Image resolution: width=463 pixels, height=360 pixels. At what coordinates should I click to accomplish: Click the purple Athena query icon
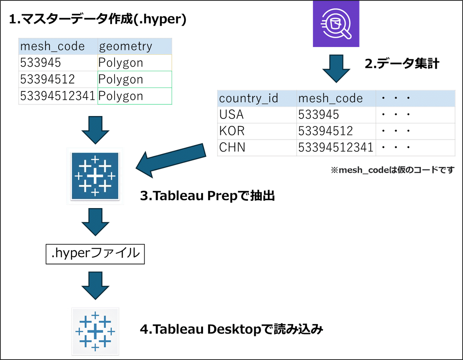click(336, 24)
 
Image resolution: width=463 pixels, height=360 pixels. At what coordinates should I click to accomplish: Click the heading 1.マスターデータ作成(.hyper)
click(97, 20)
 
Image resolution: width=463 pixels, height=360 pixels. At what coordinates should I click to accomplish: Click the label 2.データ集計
click(402, 64)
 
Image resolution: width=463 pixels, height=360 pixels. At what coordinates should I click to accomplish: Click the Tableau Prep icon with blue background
click(95, 176)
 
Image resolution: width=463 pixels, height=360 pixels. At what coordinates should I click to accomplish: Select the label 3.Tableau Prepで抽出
click(208, 196)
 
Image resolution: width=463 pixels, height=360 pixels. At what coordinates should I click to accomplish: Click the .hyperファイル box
click(95, 254)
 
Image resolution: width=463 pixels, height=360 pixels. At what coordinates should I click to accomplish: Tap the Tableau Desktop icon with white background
click(95, 331)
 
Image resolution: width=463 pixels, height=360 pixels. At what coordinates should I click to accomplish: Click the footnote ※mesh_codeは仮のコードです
click(392, 170)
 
